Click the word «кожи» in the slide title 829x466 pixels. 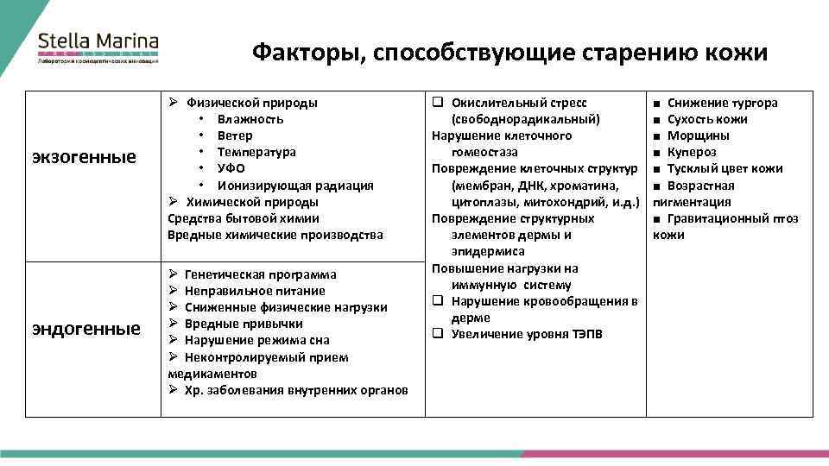(736, 54)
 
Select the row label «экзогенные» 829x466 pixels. (84, 156)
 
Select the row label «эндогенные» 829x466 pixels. (85, 329)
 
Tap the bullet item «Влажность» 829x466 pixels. (250, 119)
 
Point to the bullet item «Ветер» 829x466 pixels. (235, 135)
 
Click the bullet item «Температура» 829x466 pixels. (256, 152)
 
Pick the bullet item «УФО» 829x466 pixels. (231, 168)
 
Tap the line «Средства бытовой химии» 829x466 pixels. (243, 218)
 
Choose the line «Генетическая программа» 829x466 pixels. (261, 274)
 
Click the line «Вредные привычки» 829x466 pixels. (244, 324)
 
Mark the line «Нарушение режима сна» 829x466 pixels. (256, 340)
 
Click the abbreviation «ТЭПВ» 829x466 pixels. (586, 334)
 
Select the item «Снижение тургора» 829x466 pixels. (723, 103)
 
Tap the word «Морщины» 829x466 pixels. (699, 135)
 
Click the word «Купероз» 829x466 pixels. (693, 152)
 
